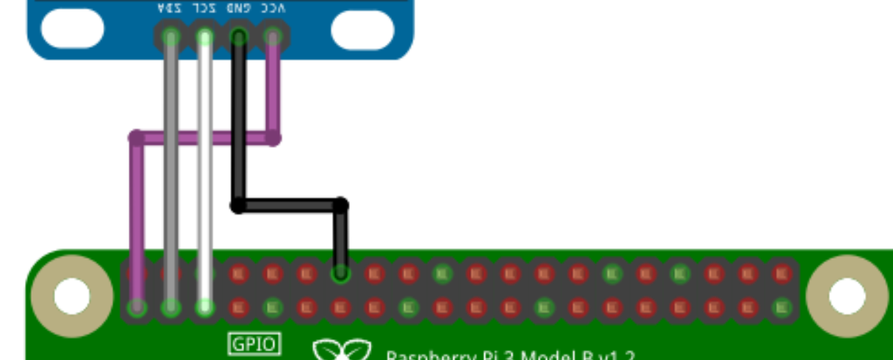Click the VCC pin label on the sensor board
click(x=273, y=9)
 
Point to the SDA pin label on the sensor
click(x=170, y=9)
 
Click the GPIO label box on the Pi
click(x=254, y=344)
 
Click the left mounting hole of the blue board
click(x=72, y=29)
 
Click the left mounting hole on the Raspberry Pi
click(x=71, y=296)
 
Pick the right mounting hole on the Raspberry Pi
click(x=847, y=296)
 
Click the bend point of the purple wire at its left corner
click(x=136, y=137)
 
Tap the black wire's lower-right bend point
click(x=340, y=205)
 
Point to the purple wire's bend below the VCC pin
click(x=273, y=137)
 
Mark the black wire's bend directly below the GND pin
click(x=237, y=205)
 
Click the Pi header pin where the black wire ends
click(x=340, y=274)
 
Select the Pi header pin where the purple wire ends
click(x=136, y=307)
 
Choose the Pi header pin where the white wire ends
click(x=204, y=307)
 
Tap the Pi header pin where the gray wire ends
click(x=171, y=307)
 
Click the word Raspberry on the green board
click(x=426, y=356)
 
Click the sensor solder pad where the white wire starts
click(x=204, y=36)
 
